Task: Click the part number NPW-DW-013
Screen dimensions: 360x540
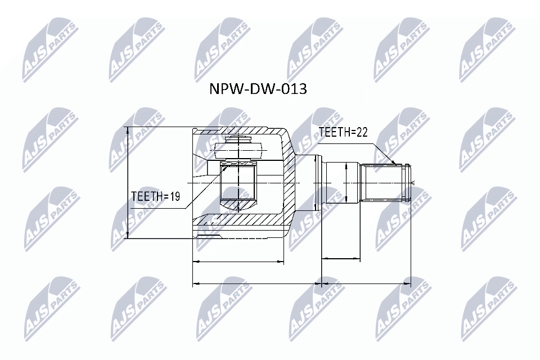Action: pos(258,89)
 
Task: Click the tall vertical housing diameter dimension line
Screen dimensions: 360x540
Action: pos(128,182)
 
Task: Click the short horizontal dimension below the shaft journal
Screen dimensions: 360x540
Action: pos(340,259)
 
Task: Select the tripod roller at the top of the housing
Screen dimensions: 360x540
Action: pos(239,147)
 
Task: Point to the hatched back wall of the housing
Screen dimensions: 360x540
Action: pos(288,183)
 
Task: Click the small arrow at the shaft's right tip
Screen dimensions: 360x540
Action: pos(413,183)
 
